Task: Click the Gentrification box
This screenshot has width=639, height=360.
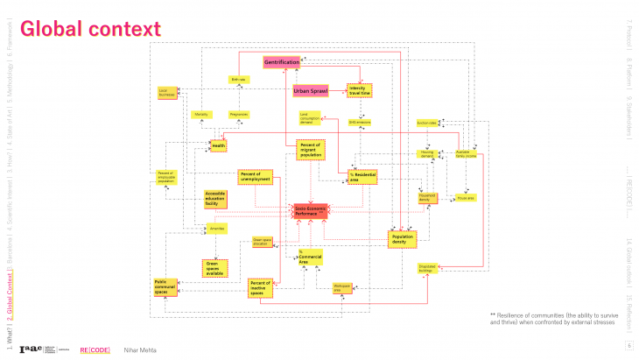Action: tap(282, 63)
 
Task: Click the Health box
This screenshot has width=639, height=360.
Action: tap(219, 145)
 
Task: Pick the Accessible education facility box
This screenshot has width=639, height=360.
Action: tap(215, 199)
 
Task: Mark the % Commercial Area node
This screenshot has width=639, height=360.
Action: tap(309, 258)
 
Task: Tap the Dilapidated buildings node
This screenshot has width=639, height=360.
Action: tap(427, 268)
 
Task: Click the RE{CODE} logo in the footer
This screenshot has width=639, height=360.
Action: tap(95, 349)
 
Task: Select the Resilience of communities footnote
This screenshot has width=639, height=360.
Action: tap(551, 318)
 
